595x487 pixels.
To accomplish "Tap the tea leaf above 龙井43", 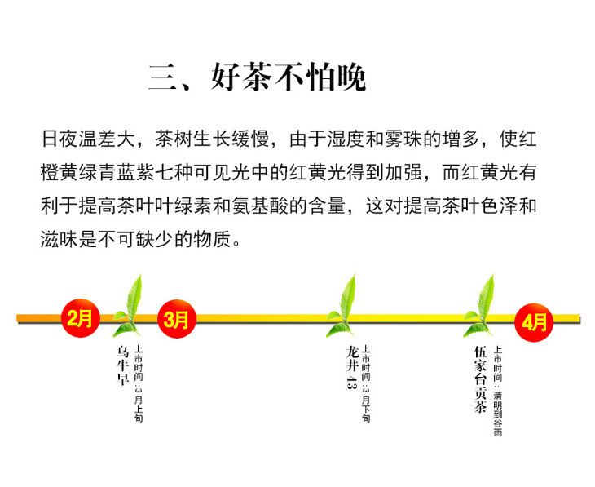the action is (x=343, y=305).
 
